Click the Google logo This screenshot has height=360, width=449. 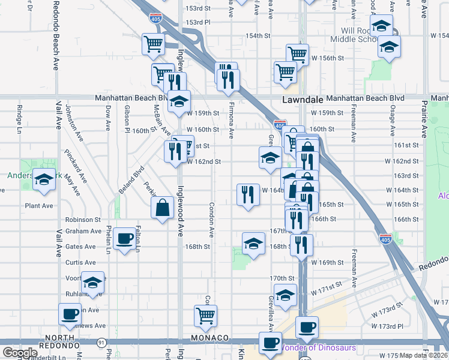[20, 353]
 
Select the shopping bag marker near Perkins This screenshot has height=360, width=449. [163, 208]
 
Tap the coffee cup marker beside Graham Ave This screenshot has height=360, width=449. [125, 239]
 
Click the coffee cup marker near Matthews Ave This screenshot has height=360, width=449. [70, 314]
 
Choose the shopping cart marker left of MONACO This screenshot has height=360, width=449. [205, 316]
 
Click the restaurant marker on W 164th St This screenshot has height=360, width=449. [248, 194]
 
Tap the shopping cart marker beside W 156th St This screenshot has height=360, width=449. [297, 54]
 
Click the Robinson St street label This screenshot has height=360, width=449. [83, 220]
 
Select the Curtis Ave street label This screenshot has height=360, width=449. [80, 262]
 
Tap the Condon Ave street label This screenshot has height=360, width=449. [211, 218]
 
